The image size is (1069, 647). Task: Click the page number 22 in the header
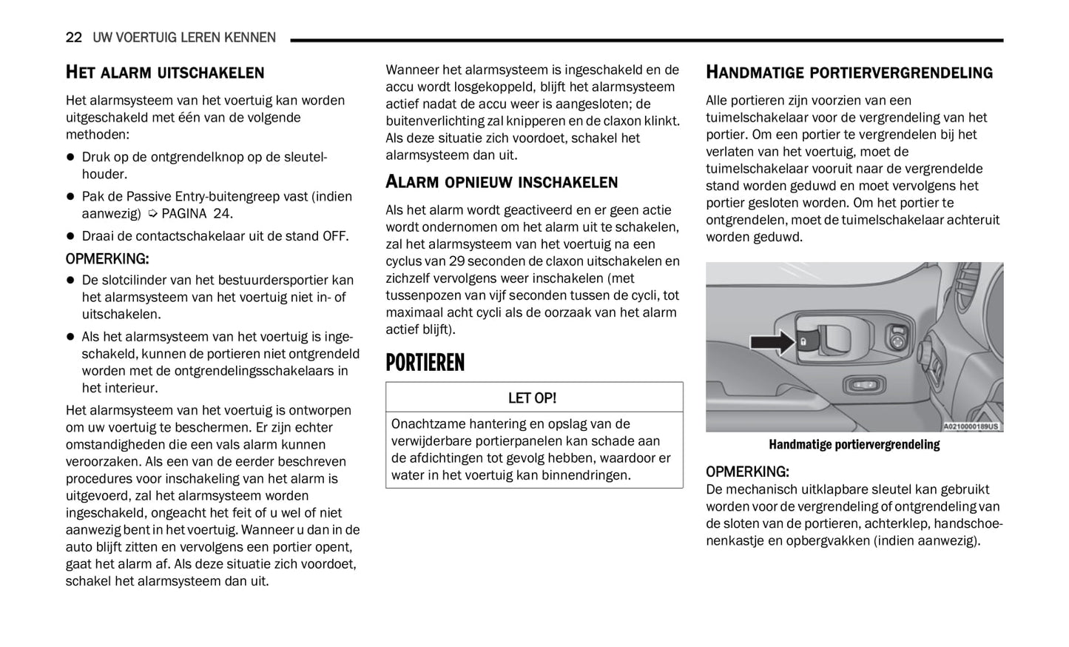tap(74, 38)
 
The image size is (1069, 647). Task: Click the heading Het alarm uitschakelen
tap(164, 73)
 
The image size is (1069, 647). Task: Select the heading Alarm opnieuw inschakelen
tap(501, 182)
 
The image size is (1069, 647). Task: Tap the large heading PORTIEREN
tap(425, 363)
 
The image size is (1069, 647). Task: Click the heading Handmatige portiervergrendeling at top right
tap(849, 73)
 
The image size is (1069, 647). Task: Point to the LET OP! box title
tap(532, 398)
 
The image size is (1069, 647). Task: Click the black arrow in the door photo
tap(772, 341)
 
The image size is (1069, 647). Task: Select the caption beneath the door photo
tap(854, 445)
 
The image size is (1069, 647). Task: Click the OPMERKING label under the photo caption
tap(747, 472)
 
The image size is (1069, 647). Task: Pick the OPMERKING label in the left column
tap(107, 259)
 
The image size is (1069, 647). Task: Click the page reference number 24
tap(221, 214)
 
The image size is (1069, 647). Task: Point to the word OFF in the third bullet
tap(334, 236)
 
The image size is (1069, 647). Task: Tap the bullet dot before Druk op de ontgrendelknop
tap(71, 158)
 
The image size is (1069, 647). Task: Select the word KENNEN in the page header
tap(252, 38)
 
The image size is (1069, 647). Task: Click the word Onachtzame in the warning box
tap(425, 424)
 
